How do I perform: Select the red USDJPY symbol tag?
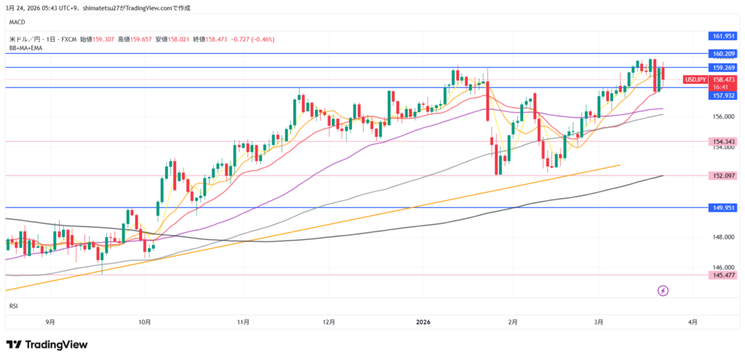point(694,79)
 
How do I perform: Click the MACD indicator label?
point(17,22)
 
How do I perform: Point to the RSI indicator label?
point(13,306)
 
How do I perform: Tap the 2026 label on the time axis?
point(423,321)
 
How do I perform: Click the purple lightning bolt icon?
point(663,291)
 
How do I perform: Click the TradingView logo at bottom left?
point(47,344)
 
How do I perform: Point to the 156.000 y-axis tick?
point(721,116)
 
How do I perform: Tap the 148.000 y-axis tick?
point(721,237)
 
